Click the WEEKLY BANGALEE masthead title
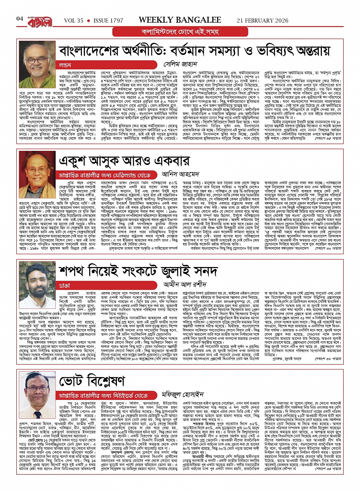pyautogui.click(x=180, y=19)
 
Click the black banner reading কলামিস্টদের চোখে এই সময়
pyautogui.click(x=180, y=31)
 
